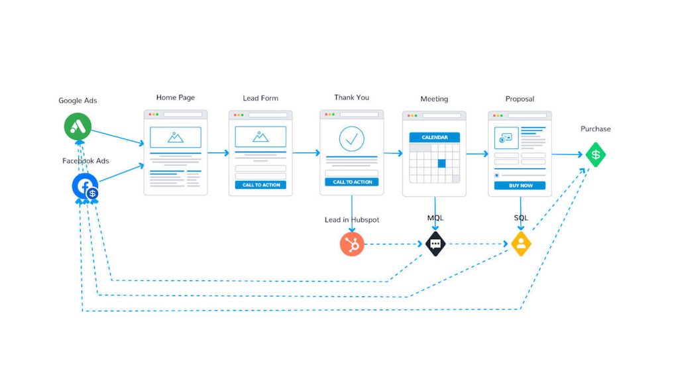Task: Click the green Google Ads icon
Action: pyautogui.click(x=78, y=127)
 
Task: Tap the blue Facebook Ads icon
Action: pyautogui.click(x=85, y=187)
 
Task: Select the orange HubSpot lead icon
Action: pyautogui.click(x=352, y=244)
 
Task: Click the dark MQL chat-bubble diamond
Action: pyautogui.click(x=435, y=244)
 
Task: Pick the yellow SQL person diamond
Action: pyautogui.click(x=521, y=243)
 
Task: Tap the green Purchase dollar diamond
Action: pyautogui.click(x=595, y=155)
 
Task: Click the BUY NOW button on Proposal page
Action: pyautogui.click(x=520, y=186)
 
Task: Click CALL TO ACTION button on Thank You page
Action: pyautogui.click(x=351, y=182)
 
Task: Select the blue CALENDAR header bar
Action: pyautogui.click(x=435, y=137)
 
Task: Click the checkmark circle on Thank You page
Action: pyautogui.click(x=351, y=139)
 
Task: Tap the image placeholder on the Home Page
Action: pyautogui.click(x=176, y=137)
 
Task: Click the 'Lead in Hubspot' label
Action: pyautogui.click(x=352, y=220)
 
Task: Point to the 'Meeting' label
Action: pyautogui.click(x=434, y=99)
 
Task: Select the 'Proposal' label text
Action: pyautogui.click(x=520, y=99)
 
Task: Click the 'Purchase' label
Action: pyautogui.click(x=595, y=129)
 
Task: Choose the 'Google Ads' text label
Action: pyautogui.click(x=78, y=101)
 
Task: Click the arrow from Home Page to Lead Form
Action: pyautogui.click(x=218, y=153)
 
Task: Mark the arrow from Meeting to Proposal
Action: pyautogui.click(x=477, y=154)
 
